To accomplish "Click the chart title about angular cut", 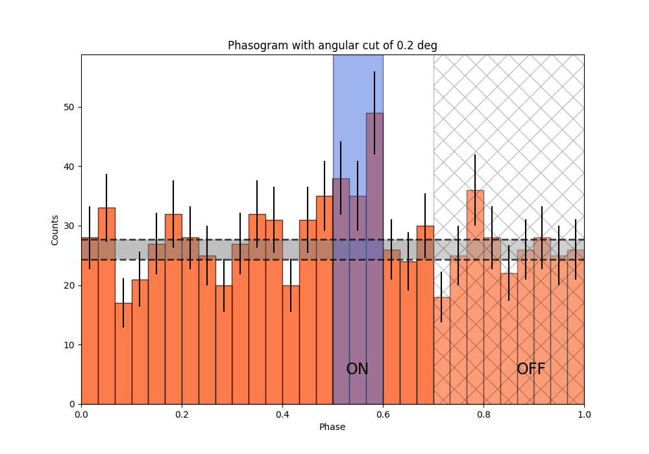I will [332, 45].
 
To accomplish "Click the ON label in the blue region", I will [357, 369].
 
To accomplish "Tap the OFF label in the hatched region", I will [531, 369].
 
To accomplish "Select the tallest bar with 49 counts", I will [374, 259].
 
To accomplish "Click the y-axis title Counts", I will [55, 230].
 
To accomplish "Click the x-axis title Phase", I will [332, 427].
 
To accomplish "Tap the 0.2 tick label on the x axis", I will [182, 413].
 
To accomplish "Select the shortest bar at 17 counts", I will [123, 353].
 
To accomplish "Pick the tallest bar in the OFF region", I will [475, 298].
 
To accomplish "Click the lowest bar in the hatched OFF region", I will [441, 350].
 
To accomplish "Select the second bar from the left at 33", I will [106, 305].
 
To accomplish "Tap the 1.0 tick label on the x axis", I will [584, 413].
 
